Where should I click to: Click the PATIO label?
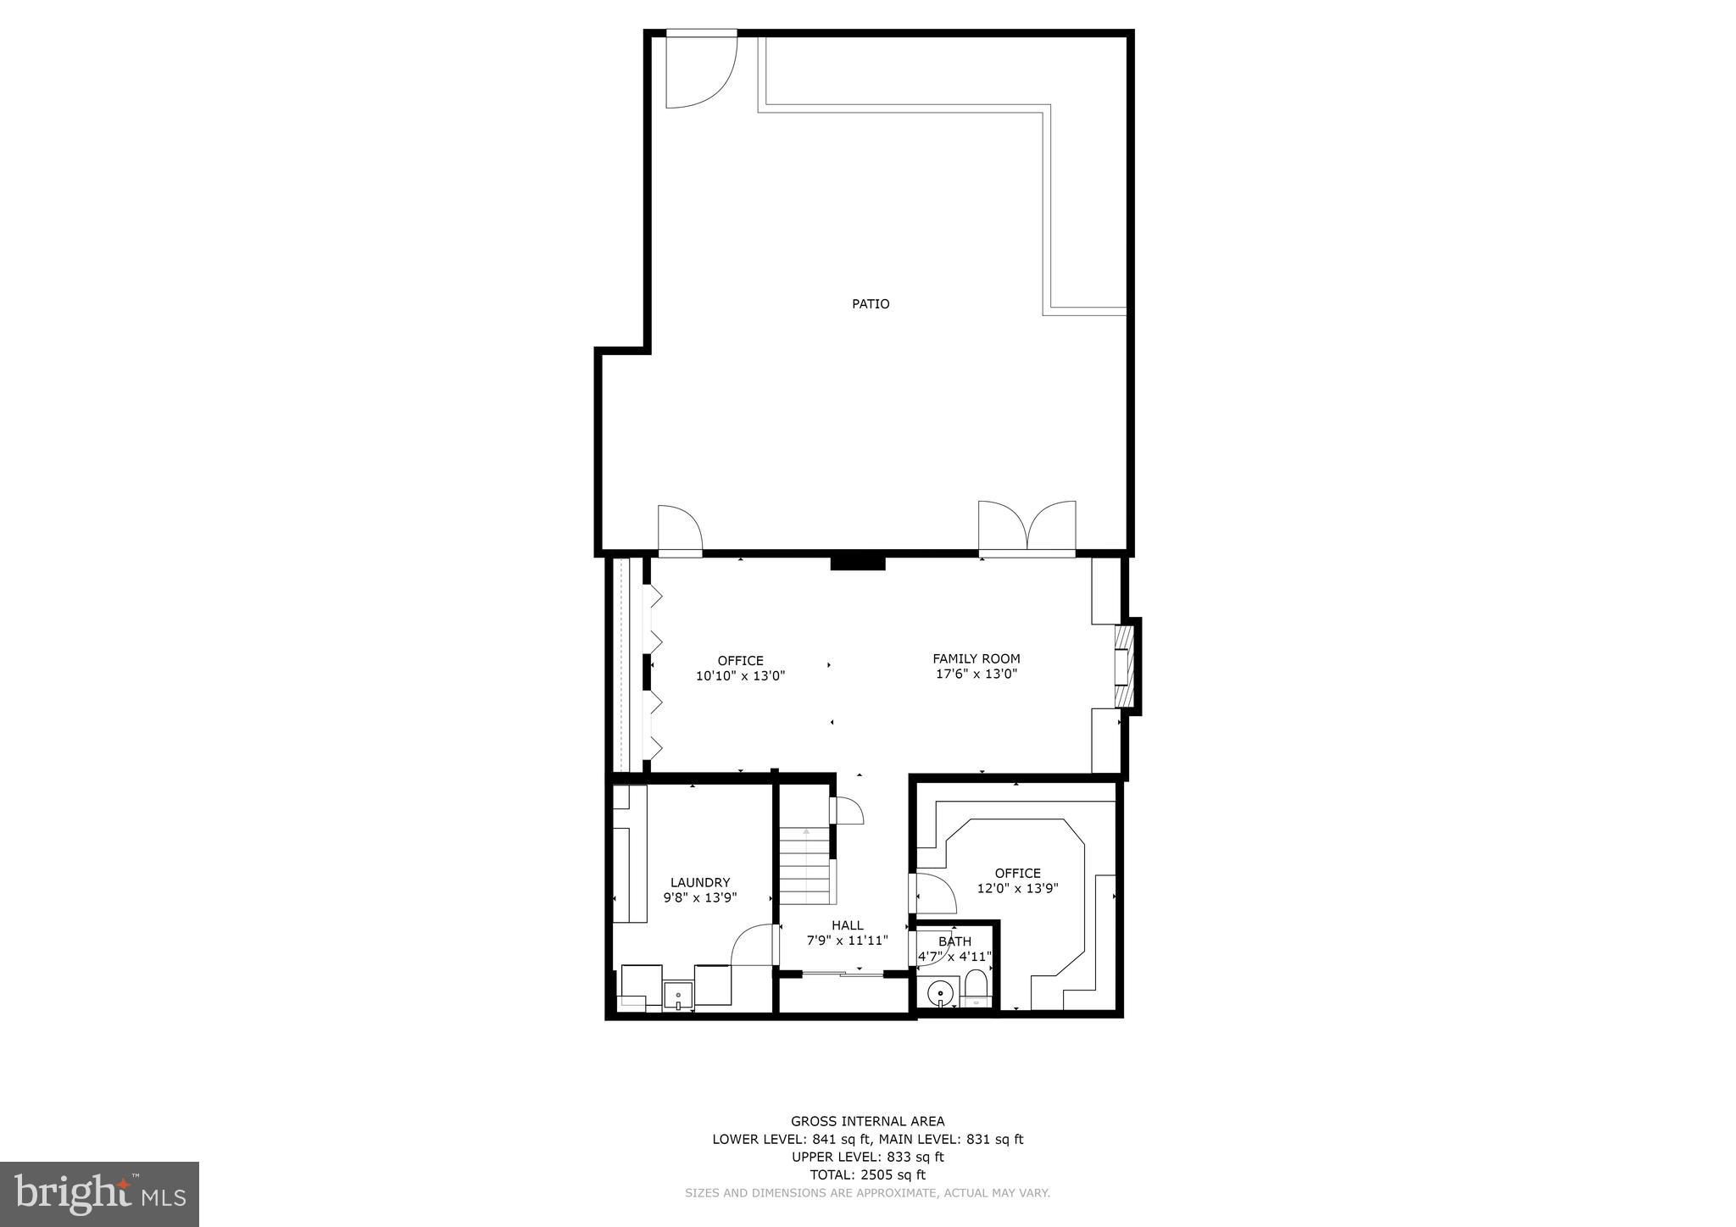871,303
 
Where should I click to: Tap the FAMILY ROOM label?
976,658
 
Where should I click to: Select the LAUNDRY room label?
699,882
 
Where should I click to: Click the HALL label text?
847,925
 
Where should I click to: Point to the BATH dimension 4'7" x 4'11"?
954,957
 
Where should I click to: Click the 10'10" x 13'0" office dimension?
740,676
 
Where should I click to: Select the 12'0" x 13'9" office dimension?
1017,889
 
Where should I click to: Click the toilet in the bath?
976,988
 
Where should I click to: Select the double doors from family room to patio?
1027,529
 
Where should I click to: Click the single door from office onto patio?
680,531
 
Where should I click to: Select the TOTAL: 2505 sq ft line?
867,1174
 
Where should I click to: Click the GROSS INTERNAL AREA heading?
867,1121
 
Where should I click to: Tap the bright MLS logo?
100,1194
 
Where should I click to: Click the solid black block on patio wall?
857,563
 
